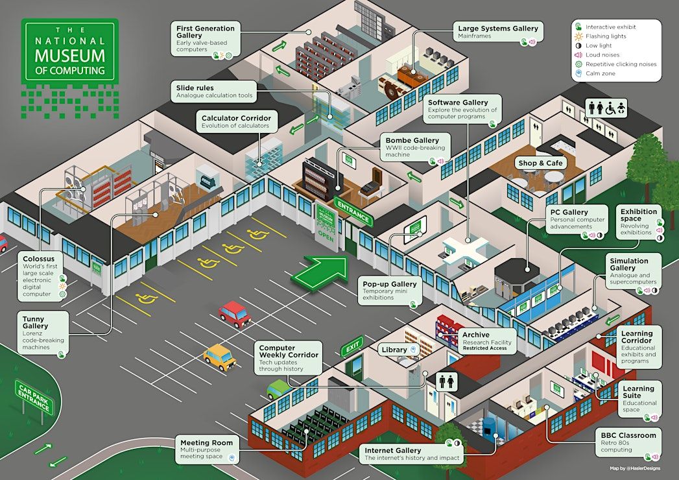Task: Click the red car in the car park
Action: click(x=234, y=314)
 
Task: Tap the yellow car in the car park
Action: click(x=220, y=357)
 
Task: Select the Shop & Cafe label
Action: click(x=540, y=163)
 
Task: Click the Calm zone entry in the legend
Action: click(x=600, y=73)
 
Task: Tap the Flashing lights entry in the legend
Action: click(x=606, y=36)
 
